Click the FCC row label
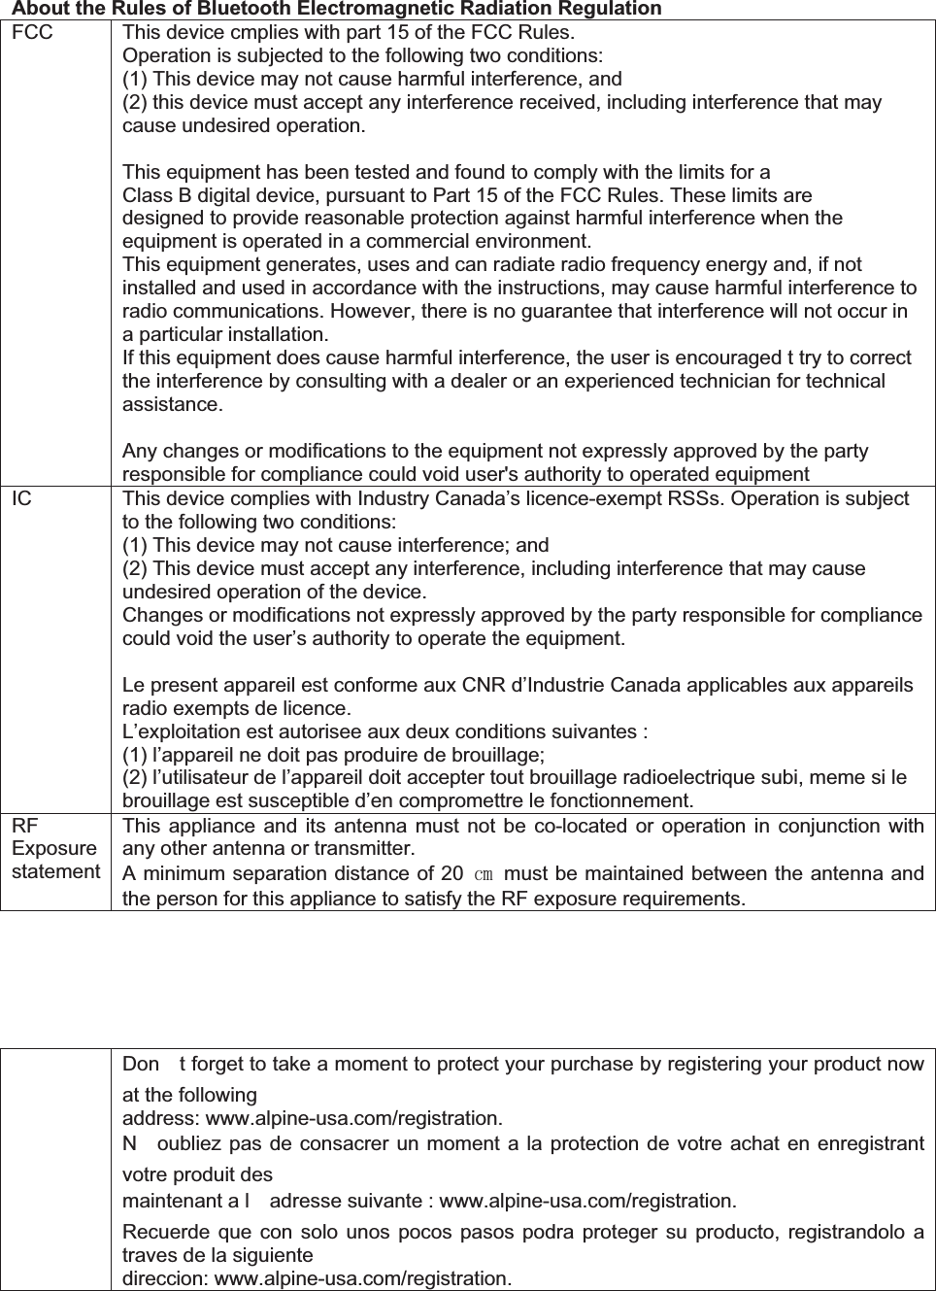click(x=33, y=32)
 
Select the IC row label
click(x=21, y=499)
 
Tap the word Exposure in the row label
click(x=54, y=848)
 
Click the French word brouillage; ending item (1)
click(x=497, y=755)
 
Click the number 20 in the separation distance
click(x=451, y=873)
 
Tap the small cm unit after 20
click(x=484, y=874)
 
